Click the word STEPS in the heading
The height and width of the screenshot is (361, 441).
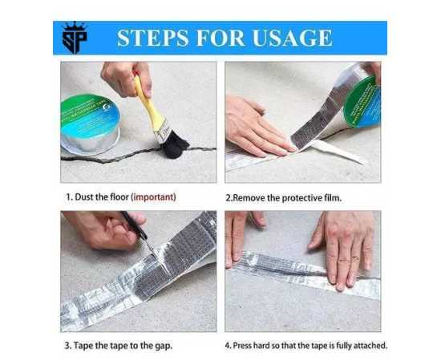(152, 38)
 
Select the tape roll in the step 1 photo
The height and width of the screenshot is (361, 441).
(89, 124)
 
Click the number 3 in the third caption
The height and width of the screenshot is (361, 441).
(67, 345)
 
